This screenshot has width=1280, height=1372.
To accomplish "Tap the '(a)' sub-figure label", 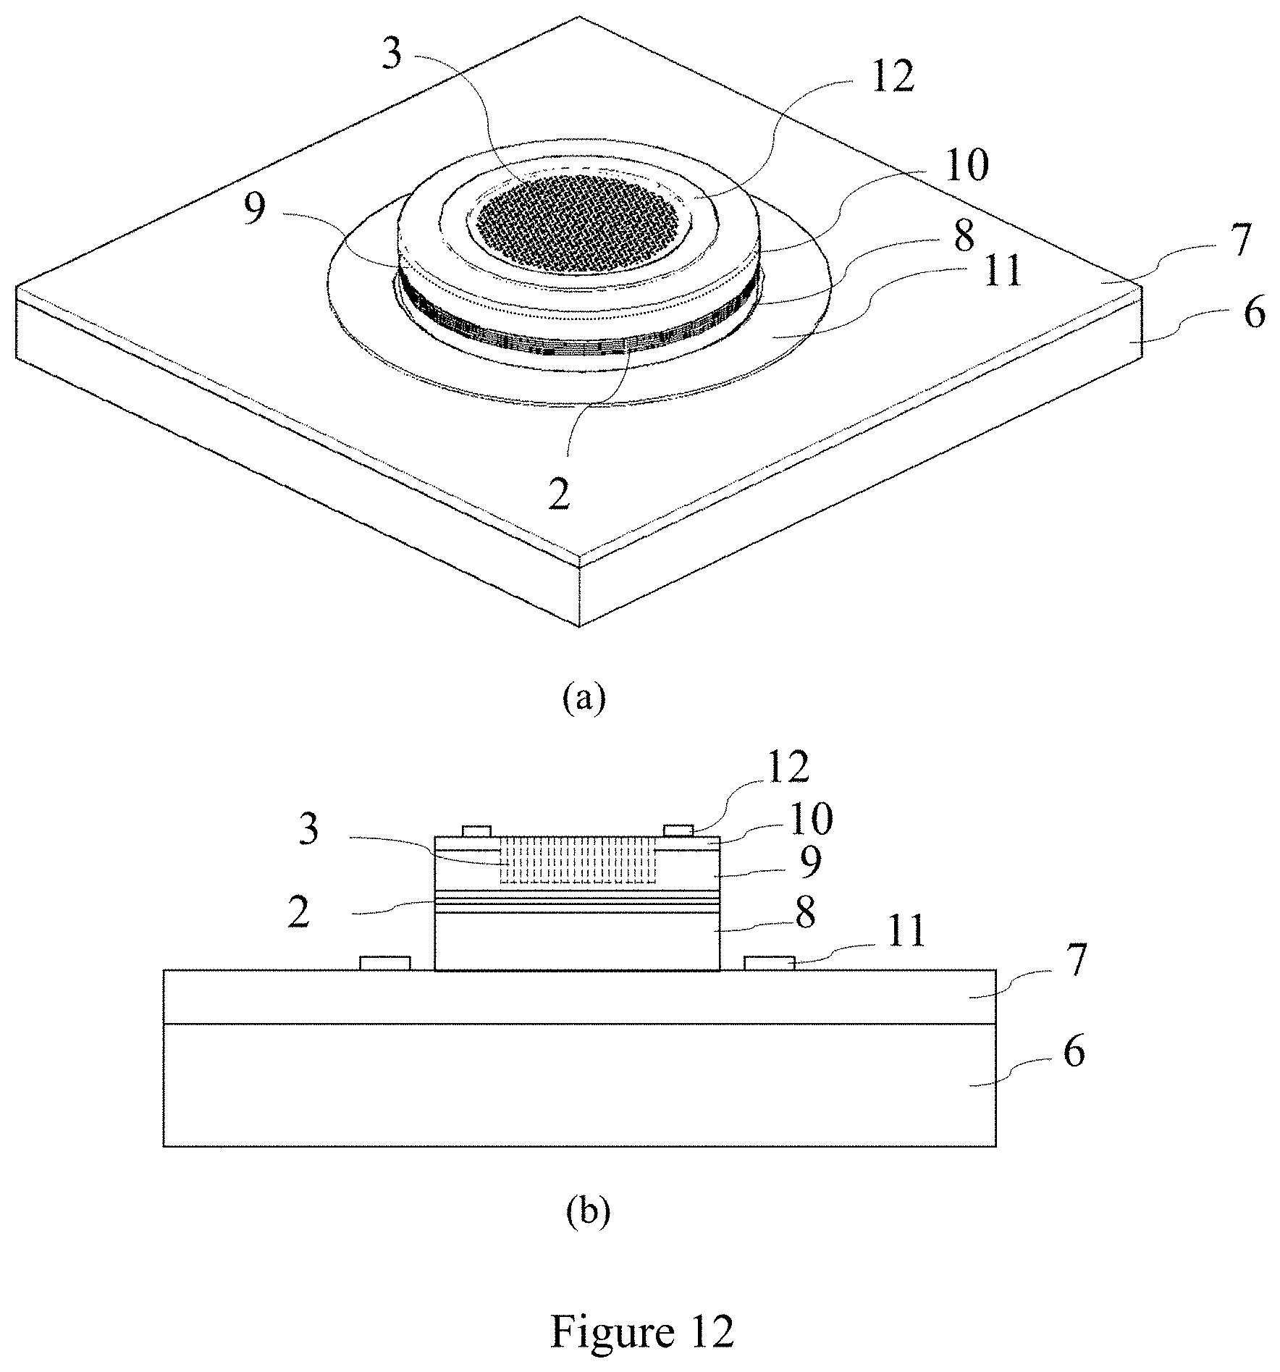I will pos(584,700).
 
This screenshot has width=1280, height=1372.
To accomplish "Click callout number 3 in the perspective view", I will pos(391,54).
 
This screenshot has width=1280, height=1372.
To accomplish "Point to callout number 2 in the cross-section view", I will pos(298,914).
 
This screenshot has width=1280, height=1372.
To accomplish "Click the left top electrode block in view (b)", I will pos(476,829).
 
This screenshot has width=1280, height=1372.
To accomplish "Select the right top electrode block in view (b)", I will pos(678,829).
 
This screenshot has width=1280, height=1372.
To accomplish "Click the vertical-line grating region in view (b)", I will pos(576,859).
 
